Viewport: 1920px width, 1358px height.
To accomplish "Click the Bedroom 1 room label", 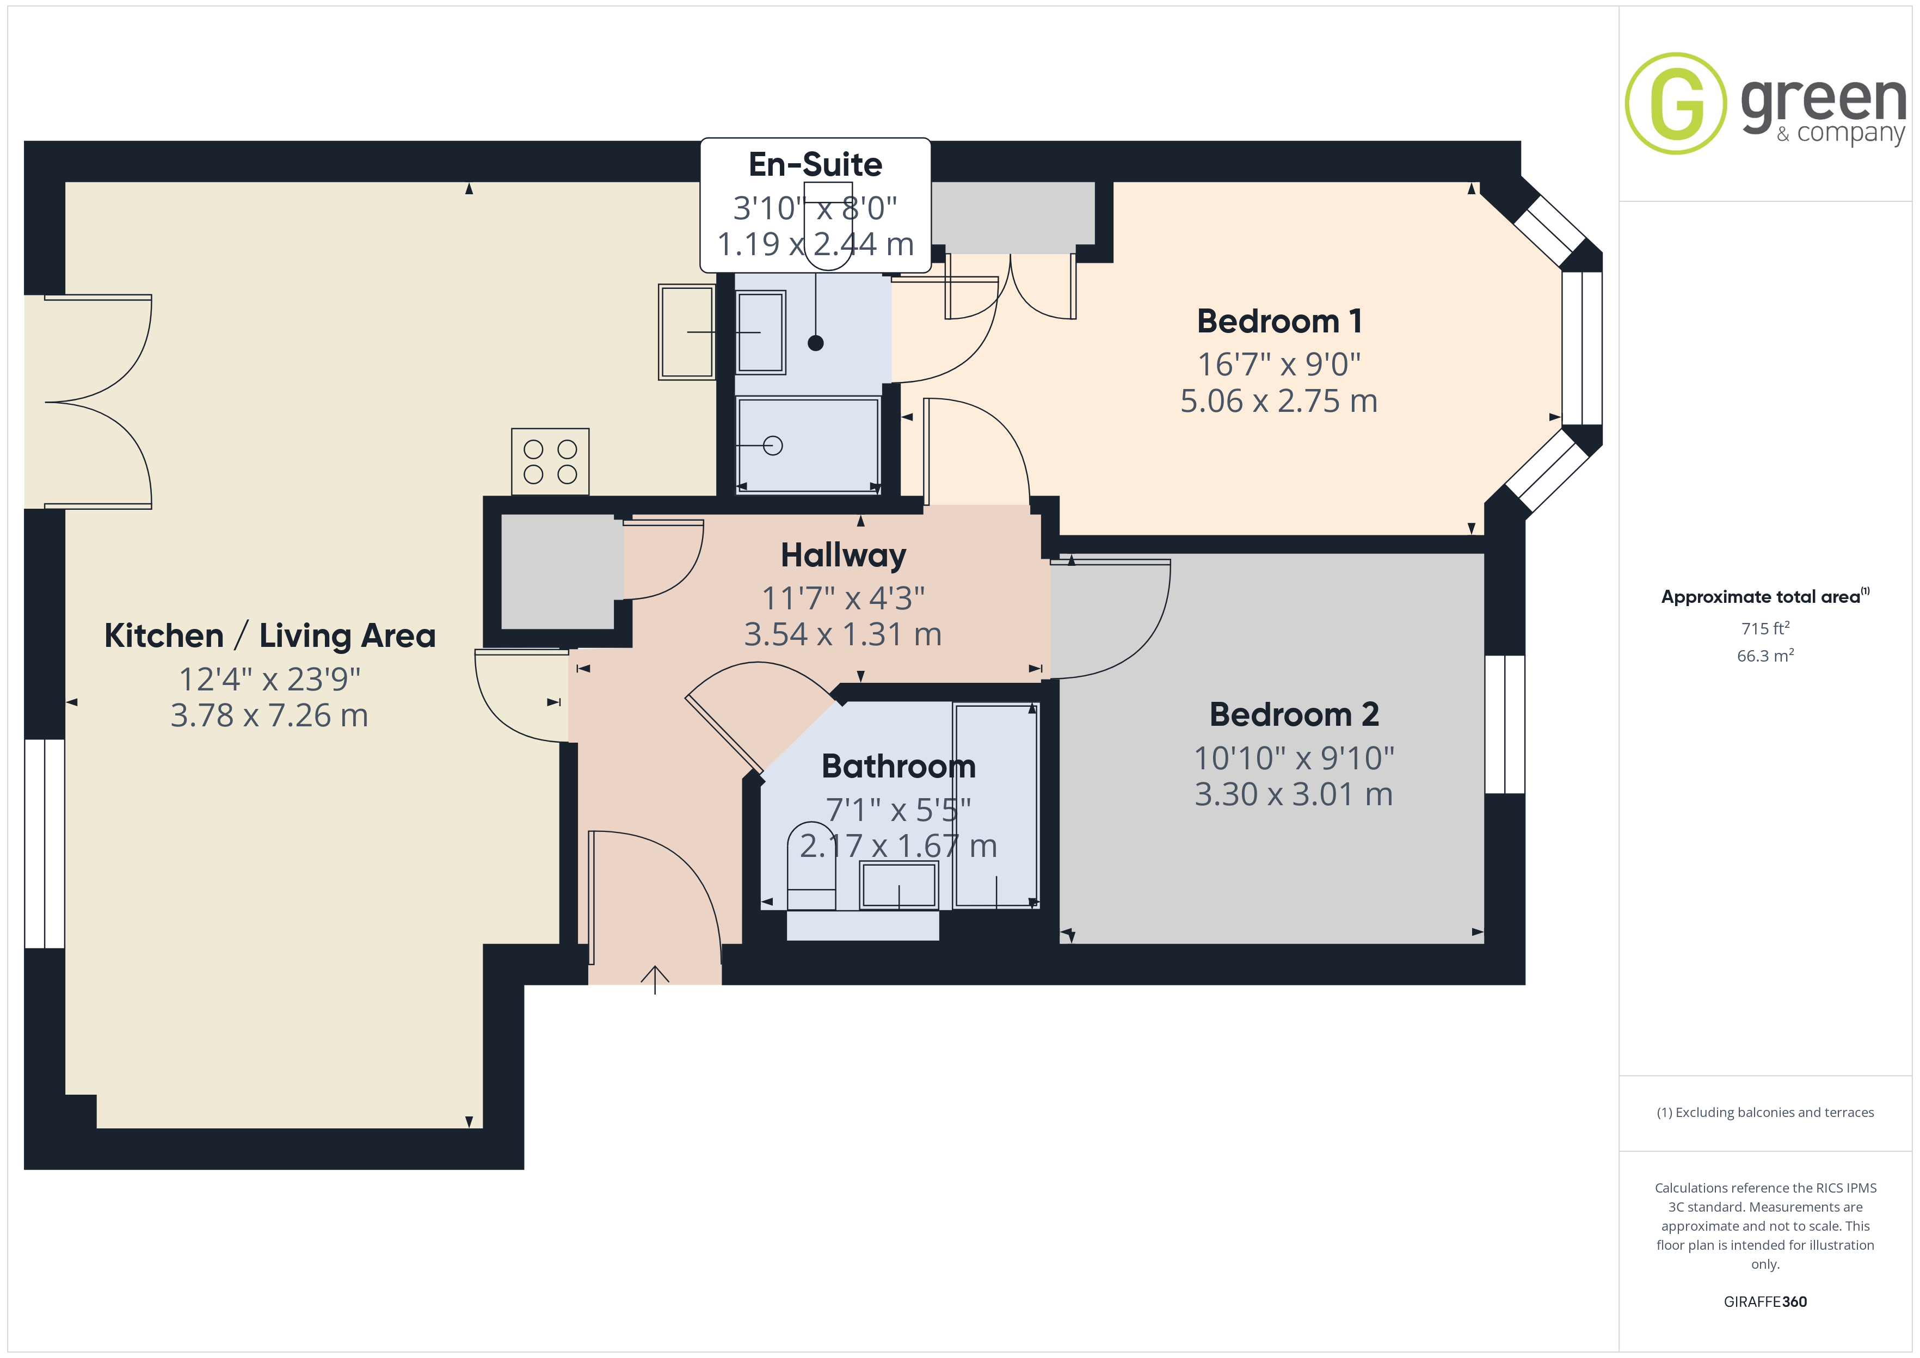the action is click(1279, 321).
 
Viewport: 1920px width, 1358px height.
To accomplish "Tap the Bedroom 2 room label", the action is click(1294, 714).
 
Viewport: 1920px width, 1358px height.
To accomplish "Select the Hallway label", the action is click(843, 556).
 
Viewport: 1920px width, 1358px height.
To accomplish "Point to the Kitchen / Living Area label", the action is click(269, 635).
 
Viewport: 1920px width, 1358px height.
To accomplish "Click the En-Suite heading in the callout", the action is click(815, 165).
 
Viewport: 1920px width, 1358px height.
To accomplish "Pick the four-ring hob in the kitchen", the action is click(550, 461).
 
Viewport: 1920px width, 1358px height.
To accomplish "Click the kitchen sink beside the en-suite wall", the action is click(687, 332).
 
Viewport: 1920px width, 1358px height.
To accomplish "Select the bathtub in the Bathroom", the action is click(996, 805).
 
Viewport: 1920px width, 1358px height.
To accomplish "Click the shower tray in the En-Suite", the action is click(808, 445).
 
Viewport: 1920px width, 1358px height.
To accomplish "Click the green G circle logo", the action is click(1675, 104).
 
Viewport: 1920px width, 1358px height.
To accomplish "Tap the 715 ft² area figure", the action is click(1765, 628).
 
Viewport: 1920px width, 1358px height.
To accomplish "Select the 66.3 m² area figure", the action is click(1765, 656).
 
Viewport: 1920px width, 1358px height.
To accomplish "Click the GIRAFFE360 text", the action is click(1765, 1302).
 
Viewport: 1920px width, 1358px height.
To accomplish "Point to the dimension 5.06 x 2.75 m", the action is click(1278, 402).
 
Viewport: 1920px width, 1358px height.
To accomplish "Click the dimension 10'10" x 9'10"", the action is click(1294, 758).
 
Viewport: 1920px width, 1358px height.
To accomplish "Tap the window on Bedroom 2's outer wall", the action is click(1504, 724).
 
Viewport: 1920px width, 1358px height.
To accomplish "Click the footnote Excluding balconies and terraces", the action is click(1765, 1112).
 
